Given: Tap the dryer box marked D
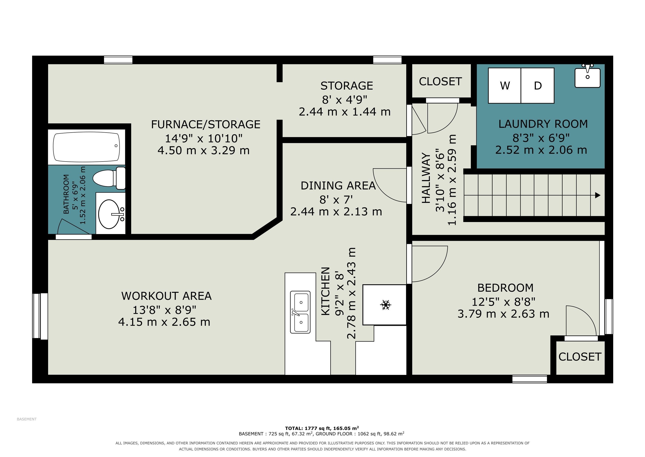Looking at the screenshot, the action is tap(538, 85).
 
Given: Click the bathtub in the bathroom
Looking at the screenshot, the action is tap(86, 147).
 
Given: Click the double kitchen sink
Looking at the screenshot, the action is tap(300, 312).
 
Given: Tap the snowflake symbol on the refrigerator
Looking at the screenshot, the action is tap(386, 305).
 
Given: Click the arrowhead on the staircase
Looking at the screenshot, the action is tap(598, 195).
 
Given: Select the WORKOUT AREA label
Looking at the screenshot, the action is tap(166, 296).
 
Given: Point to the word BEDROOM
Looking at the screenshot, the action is tap(505, 288).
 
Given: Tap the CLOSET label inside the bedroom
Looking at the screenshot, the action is tap(580, 357).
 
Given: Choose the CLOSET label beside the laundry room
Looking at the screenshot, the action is tap(440, 82).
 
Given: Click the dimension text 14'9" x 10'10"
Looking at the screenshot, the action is tap(203, 138).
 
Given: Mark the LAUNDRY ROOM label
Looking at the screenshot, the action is tap(543, 124).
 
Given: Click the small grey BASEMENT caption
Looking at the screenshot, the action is tap(27, 419).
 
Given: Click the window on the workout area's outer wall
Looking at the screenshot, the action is tap(40, 316).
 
